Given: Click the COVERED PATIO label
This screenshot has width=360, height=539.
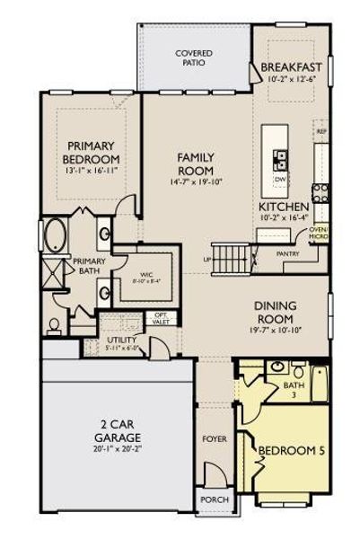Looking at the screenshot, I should [x=193, y=58].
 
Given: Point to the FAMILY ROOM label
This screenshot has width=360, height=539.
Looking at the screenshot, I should [x=195, y=163].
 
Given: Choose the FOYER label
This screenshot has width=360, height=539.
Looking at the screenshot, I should [x=214, y=439].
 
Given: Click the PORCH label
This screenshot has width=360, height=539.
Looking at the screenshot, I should [x=215, y=499].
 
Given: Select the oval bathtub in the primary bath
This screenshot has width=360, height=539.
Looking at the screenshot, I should [x=55, y=236].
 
